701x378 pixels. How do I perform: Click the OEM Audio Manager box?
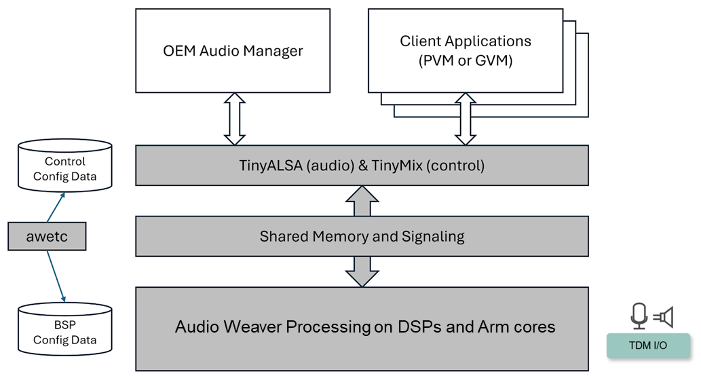233,51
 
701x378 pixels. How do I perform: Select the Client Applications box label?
466,41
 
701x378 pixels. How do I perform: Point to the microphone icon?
638,316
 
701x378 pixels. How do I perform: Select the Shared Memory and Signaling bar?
362,237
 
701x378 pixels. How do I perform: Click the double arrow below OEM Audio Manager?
234,118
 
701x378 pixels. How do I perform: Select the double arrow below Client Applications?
466,118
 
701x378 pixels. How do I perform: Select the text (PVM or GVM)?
466,60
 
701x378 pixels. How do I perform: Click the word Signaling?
432,237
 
